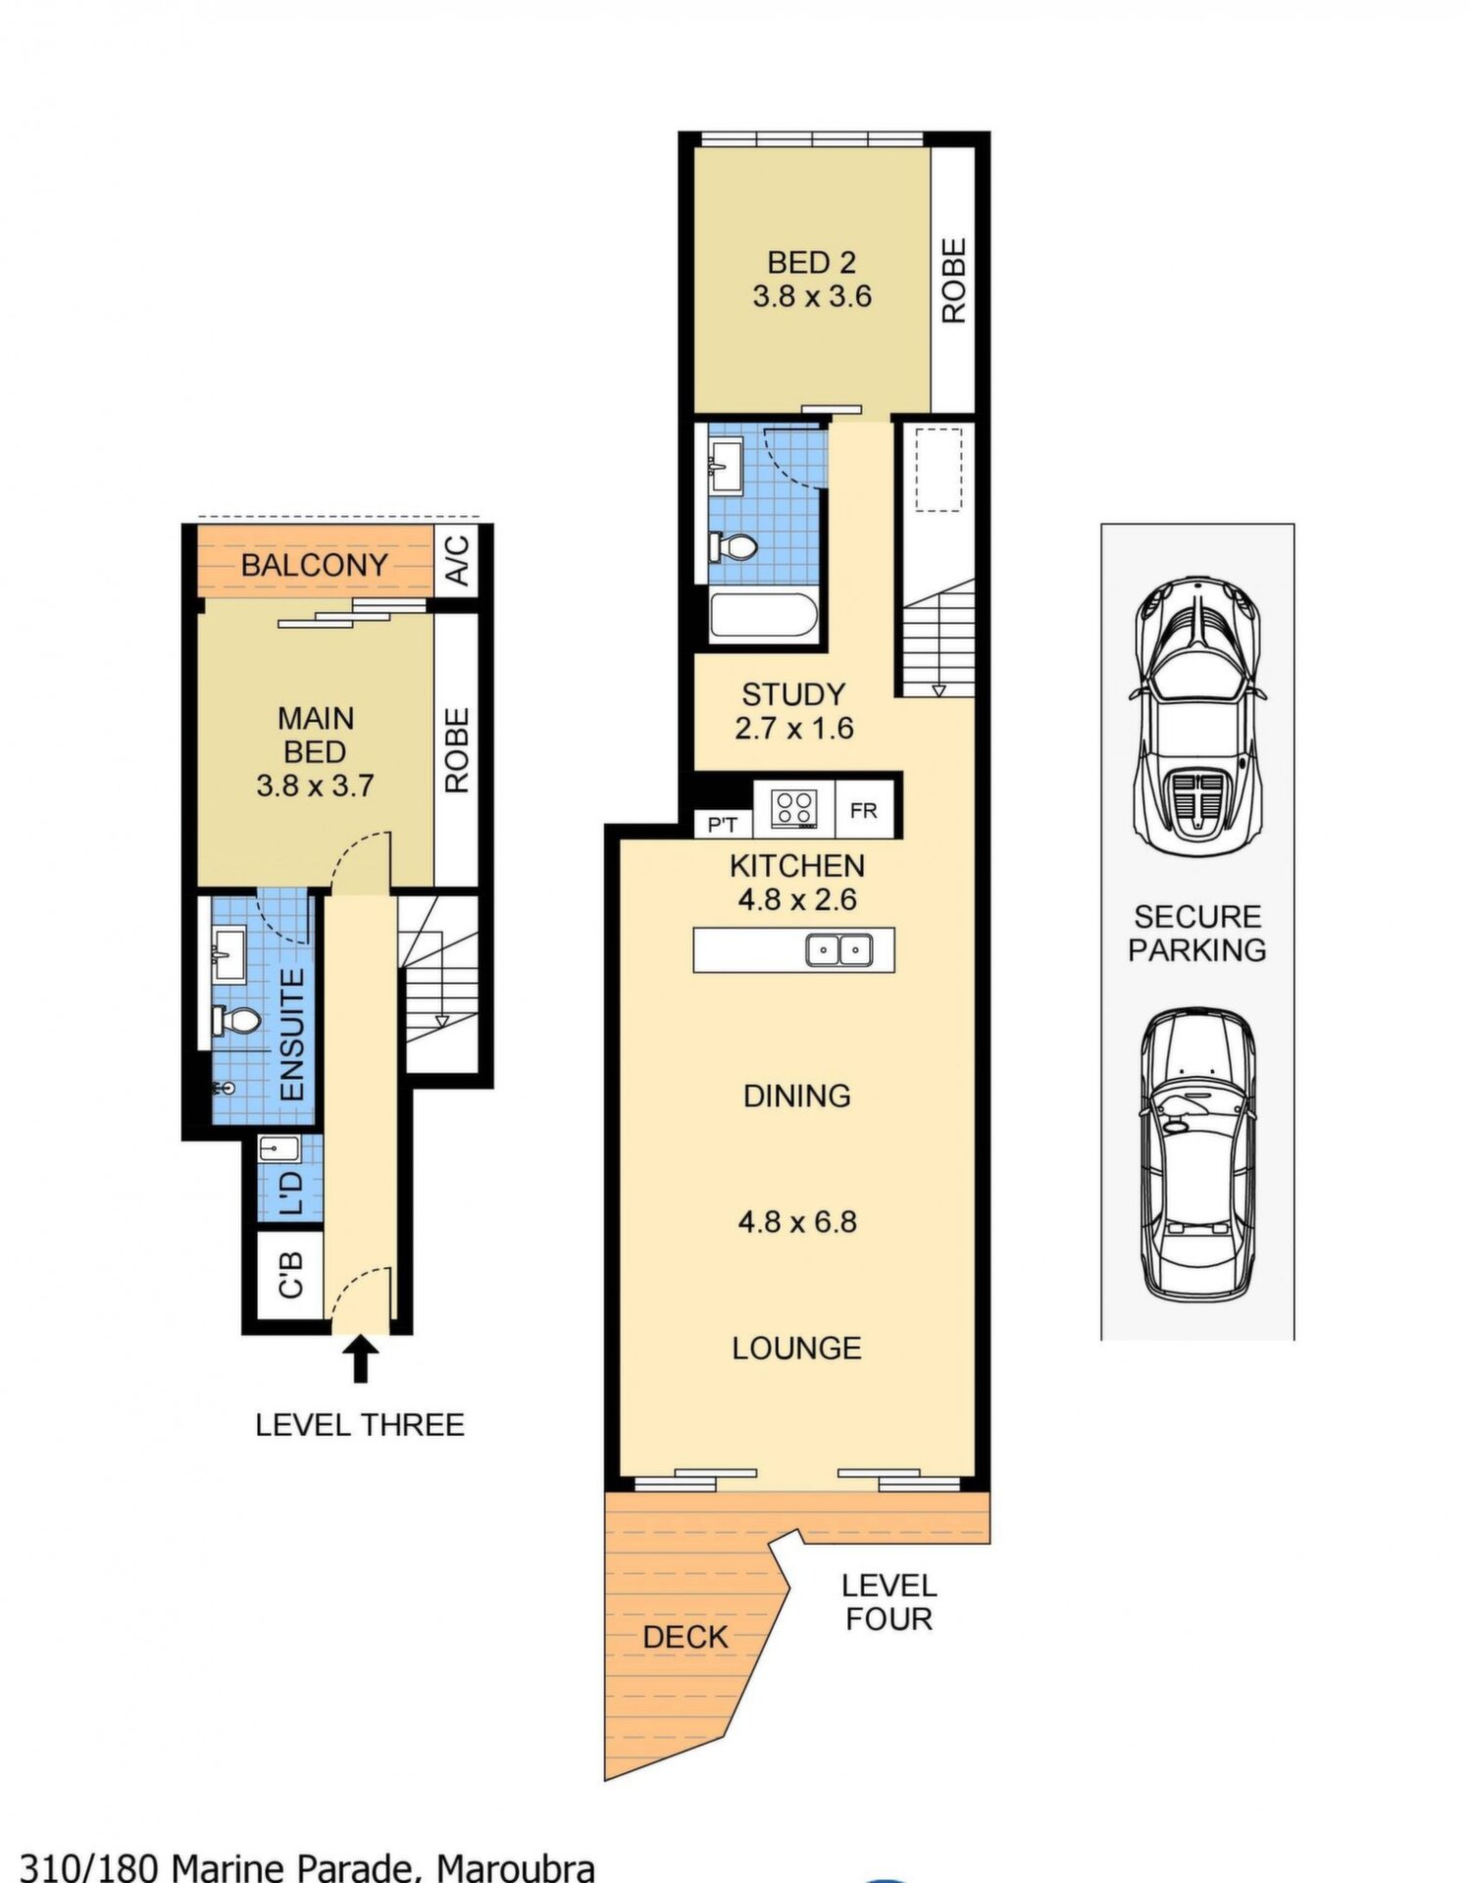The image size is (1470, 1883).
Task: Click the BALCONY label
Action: pos(315,565)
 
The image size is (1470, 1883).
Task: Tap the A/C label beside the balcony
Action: pos(458,560)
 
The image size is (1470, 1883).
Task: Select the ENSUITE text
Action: pos(292,1035)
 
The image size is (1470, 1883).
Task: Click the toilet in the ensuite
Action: pos(236,1021)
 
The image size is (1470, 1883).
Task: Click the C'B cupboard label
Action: pos(290,1274)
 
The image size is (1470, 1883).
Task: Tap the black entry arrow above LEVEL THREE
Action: pos(361,1358)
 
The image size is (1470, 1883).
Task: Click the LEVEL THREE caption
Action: pos(360,1424)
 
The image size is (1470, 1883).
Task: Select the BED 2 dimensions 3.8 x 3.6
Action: pos(812,296)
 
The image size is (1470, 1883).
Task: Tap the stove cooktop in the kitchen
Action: pos(793,809)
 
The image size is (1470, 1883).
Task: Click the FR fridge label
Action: pos(864,811)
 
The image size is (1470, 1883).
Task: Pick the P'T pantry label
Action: pos(723,826)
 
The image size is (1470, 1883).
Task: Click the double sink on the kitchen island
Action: pos(839,949)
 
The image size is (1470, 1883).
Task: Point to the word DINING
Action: pos(797,1095)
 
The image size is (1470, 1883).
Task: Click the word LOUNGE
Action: pos(797,1348)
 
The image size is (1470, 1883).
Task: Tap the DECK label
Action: pos(685,1637)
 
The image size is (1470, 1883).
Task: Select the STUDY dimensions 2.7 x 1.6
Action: pos(794,729)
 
